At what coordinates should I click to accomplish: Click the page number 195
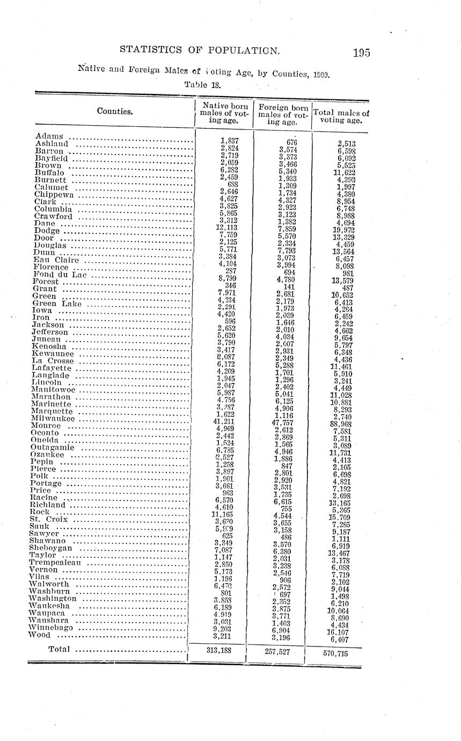pyautogui.click(x=362, y=53)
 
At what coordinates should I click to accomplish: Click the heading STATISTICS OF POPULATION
pyautogui.click(x=200, y=50)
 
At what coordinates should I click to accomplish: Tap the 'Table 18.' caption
pyautogui.click(x=203, y=84)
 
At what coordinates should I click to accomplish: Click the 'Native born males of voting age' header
pyautogui.click(x=224, y=113)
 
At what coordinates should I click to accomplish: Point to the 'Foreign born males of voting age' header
pyautogui.click(x=283, y=114)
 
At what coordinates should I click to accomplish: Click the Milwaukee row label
pyautogui.click(x=53, y=419)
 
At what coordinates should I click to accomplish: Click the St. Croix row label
pyautogui.click(x=49, y=519)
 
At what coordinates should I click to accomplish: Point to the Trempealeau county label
pyautogui.click(x=55, y=563)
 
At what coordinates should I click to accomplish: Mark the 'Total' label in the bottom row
pyautogui.click(x=59, y=649)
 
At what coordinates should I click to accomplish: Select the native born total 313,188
pyautogui.click(x=219, y=651)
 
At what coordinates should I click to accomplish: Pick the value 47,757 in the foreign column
pyautogui.click(x=281, y=423)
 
